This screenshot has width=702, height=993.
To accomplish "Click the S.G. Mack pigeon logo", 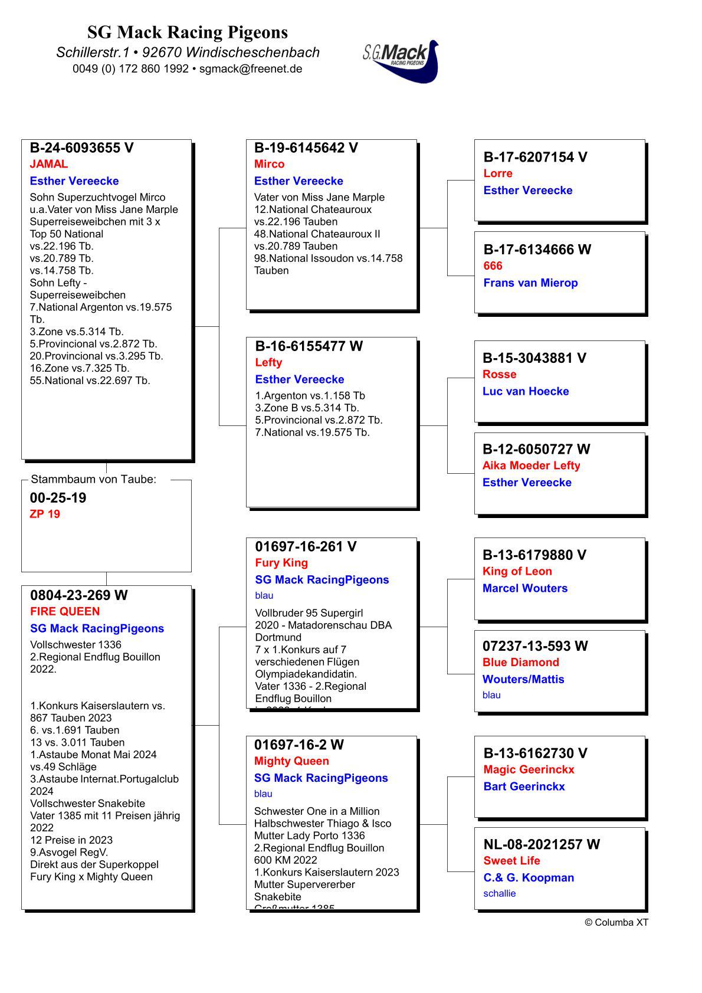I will [x=401, y=60].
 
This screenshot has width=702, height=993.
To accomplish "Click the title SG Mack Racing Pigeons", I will [x=188, y=32].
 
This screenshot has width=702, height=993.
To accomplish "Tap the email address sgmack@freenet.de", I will [x=251, y=68].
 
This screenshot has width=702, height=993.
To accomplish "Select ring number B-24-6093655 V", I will [x=81, y=148].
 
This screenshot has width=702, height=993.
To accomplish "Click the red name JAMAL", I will [x=49, y=164].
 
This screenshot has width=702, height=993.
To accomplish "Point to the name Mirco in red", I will [x=269, y=164].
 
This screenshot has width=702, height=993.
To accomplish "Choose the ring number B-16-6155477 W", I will [x=309, y=346].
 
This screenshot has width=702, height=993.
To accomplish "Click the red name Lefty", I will [x=268, y=362].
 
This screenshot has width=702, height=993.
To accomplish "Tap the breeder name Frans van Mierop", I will [x=530, y=283].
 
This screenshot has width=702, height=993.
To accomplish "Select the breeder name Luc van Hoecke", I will [x=526, y=391].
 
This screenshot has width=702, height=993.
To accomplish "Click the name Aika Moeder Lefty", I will [x=531, y=466].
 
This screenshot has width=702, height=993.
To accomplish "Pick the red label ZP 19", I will [x=45, y=514].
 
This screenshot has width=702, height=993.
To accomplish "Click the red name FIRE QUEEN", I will [x=65, y=611].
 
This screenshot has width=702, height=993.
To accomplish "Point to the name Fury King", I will [x=281, y=563].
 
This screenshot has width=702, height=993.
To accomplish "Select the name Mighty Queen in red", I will [x=291, y=761].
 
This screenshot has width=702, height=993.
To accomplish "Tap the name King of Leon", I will [x=517, y=571].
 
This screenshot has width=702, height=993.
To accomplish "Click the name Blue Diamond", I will [x=520, y=662].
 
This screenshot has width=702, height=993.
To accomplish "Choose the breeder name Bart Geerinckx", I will [x=524, y=786].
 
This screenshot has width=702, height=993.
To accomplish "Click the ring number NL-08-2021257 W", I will [x=541, y=844].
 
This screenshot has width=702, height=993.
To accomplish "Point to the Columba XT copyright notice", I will [x=616, y=922].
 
